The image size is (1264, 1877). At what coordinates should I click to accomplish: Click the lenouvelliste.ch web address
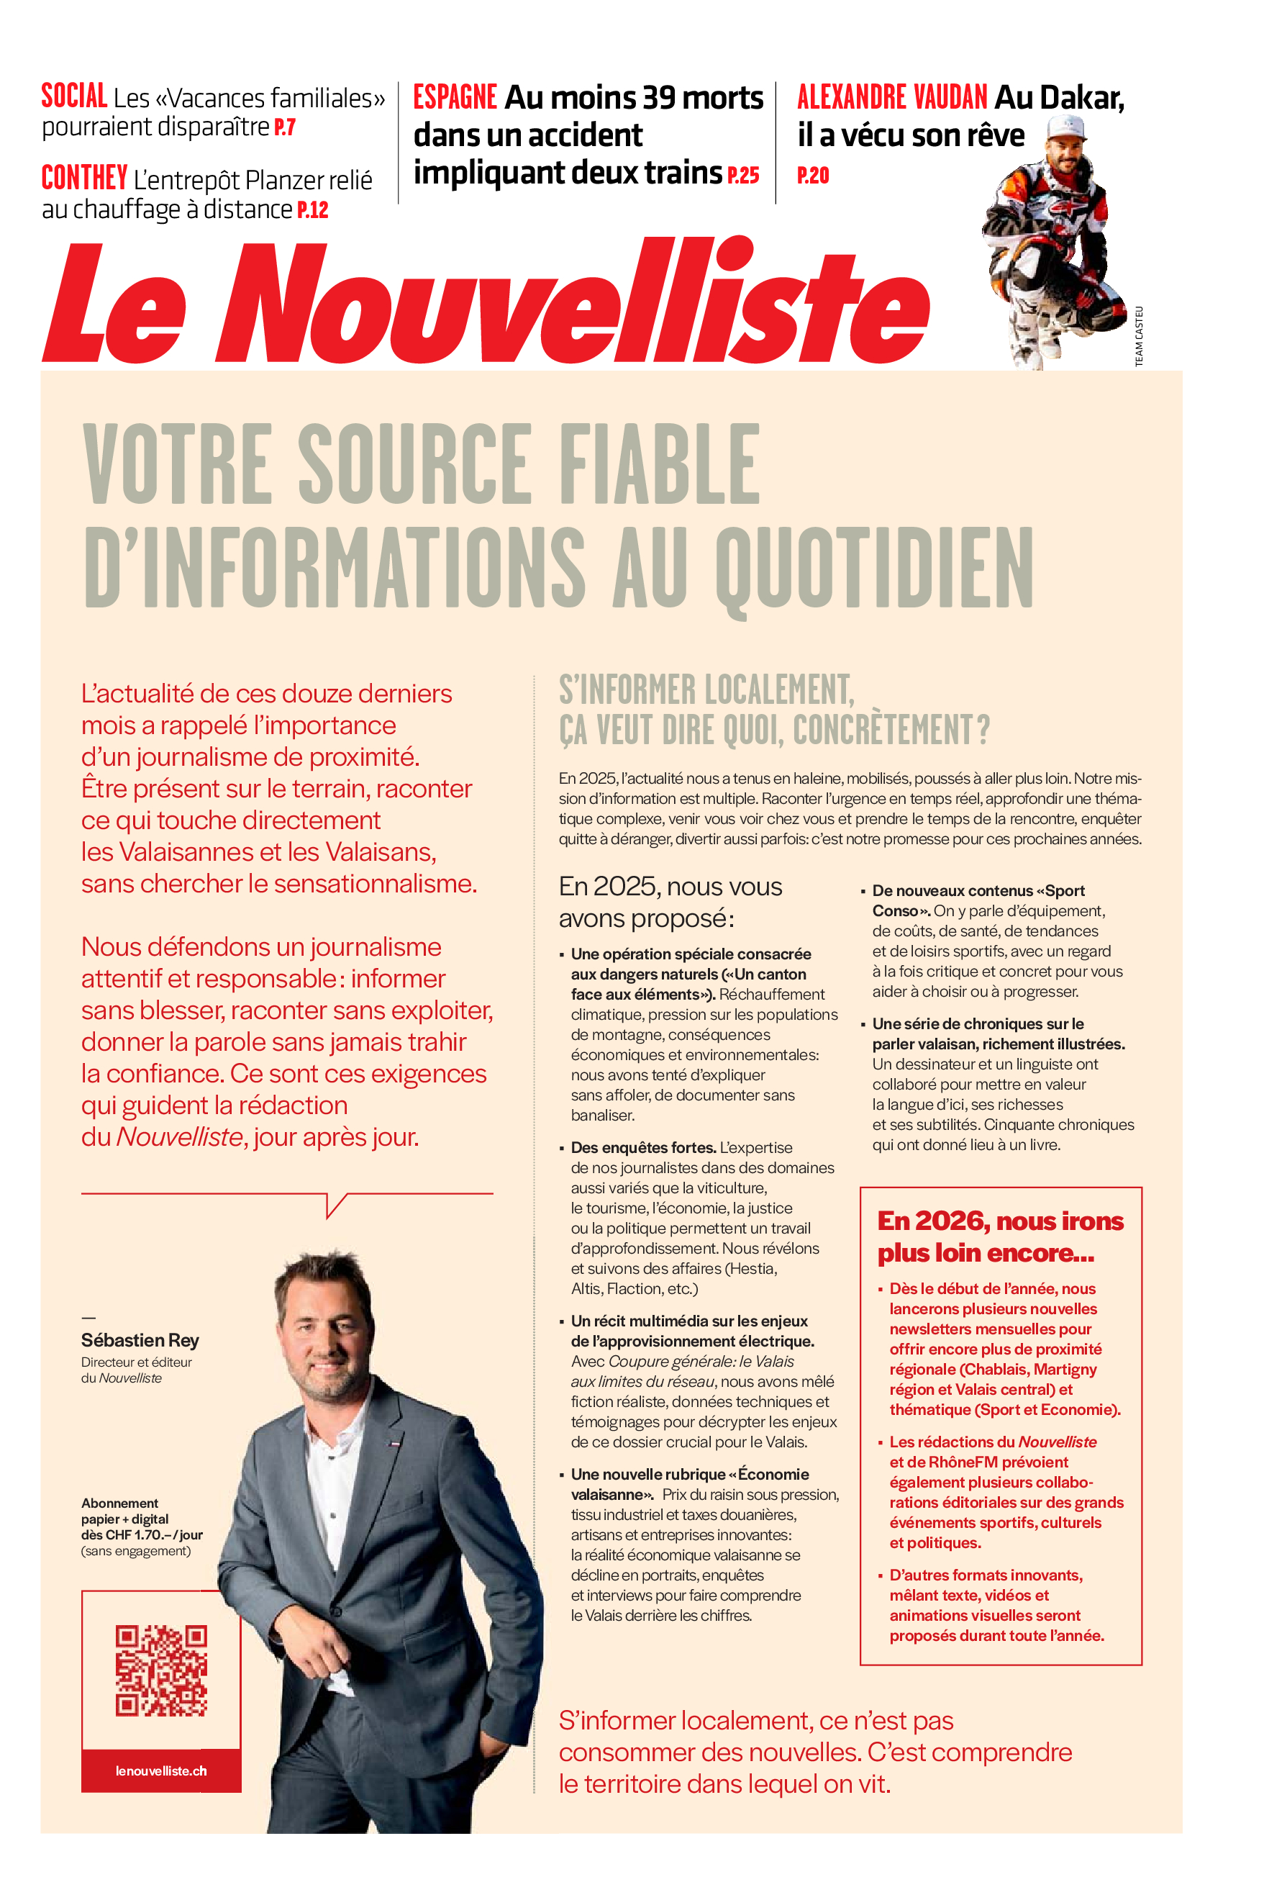(160, 1770)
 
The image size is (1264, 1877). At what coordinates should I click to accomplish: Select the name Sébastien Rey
(140, 1340)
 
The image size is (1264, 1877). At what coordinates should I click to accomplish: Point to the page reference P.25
(742, 175)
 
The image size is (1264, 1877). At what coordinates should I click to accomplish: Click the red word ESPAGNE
(455, 98)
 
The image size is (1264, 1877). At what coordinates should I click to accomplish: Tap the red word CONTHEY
(84, 178)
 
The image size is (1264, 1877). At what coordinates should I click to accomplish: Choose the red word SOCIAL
(74, 96)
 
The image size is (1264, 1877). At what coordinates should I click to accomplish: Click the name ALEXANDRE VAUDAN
(891, 98)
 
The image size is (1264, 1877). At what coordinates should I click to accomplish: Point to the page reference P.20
(813, 175)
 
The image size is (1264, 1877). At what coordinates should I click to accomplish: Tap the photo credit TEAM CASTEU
(1139, 336)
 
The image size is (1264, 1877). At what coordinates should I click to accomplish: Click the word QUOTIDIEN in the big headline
(874, 568)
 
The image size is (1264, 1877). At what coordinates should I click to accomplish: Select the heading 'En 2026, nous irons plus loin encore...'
(999, 1236)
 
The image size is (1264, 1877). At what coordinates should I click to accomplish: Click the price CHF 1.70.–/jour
(153, 1534)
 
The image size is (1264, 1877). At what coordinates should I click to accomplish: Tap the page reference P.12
(313, 210)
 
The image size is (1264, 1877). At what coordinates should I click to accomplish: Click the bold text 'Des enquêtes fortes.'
(642, 1146)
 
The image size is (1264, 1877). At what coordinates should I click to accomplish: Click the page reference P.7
(285, 127)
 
